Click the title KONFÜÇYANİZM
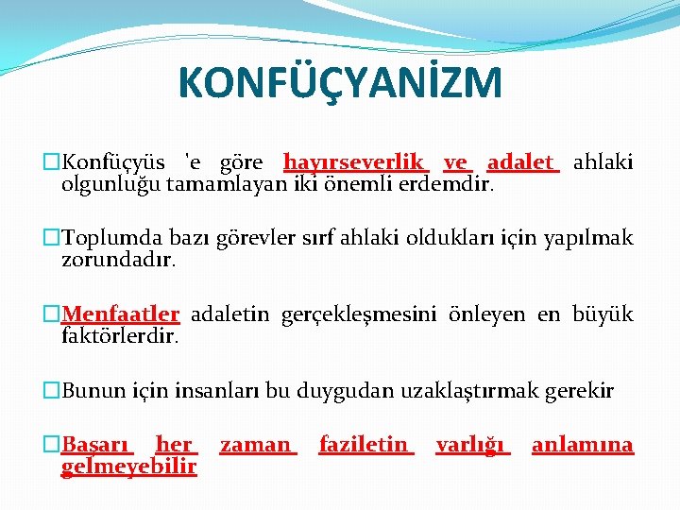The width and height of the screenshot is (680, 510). tap(340, 82)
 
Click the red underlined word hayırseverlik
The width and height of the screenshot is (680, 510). tap(355, 162)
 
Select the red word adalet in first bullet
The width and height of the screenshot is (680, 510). tap(521, 162)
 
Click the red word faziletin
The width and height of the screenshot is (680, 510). tap(365, 445)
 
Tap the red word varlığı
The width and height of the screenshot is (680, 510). tap(470, 445)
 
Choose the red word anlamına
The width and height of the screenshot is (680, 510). tap(582, 445)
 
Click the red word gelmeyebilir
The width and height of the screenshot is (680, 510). tap(128, 467)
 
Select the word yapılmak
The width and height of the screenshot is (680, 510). tap(595, 238)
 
